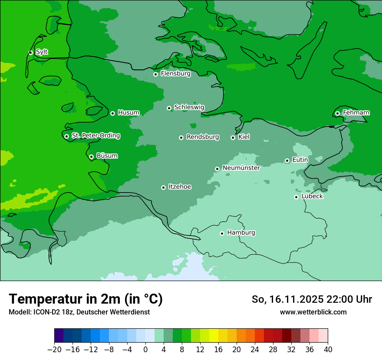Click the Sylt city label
(42, 52)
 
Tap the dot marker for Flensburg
(155, 74)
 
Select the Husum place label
(128, 113)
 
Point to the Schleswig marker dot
(169, 108)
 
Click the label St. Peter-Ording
(95, 136)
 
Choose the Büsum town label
(107, 156)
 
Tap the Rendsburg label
(202, 137)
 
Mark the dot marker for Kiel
(233, 137)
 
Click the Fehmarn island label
(356, 113)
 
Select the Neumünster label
(241, 168)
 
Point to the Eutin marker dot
(287, 160)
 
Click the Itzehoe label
(179, 187)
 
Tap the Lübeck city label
(312, 196)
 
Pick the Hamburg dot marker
(222, 233)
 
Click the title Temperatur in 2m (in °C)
(86, 299)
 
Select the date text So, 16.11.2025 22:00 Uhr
(312, 299)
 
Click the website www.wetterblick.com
(313, 312)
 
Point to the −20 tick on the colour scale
(54, 350)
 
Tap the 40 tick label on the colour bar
(328, 350)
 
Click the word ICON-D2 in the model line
(45, 312)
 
